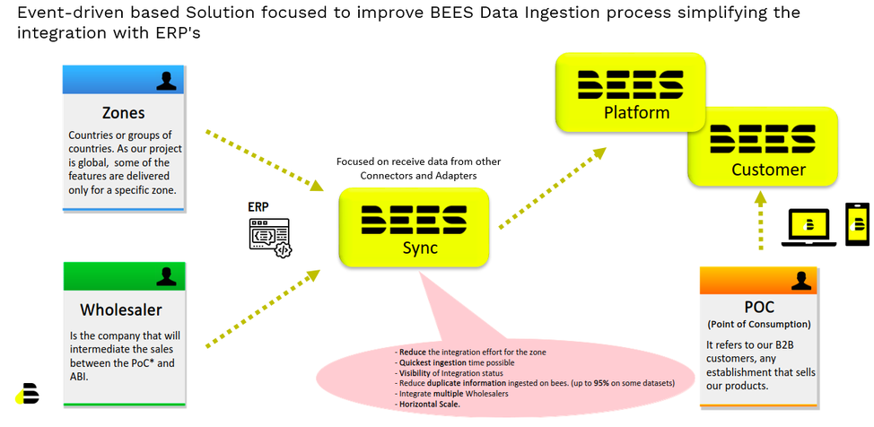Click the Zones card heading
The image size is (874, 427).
pos(124,114)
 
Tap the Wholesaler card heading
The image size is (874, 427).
pos(121,309)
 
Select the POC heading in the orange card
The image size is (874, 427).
pos(758,307)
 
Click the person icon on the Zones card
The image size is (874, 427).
pos(166,81)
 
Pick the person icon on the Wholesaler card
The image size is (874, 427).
pos(166,276)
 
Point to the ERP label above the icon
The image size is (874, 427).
pos(258,206)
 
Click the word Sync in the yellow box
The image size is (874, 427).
pos(414,248)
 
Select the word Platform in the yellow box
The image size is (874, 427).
pos(636,113)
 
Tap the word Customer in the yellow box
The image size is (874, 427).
pos(768,170)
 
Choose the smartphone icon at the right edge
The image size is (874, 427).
pos(857,223)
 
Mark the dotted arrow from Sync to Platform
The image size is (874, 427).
pos(550,189)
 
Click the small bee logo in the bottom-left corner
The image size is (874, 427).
pos(28,394)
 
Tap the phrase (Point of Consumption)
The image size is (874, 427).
pos(758,324)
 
